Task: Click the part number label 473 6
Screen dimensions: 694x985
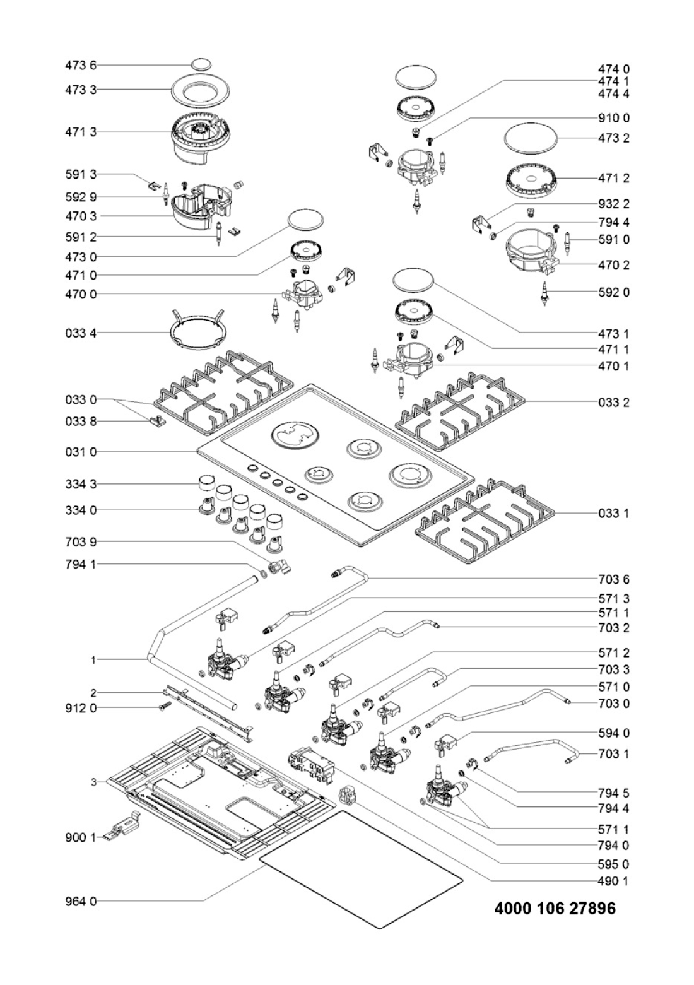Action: click(x=81, y=66)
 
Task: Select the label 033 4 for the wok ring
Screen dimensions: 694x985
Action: click(x=81, y=333)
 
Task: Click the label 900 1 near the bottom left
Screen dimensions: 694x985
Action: click(x=81, y=838)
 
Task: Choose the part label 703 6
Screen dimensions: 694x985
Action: click(x=613, y=579)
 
